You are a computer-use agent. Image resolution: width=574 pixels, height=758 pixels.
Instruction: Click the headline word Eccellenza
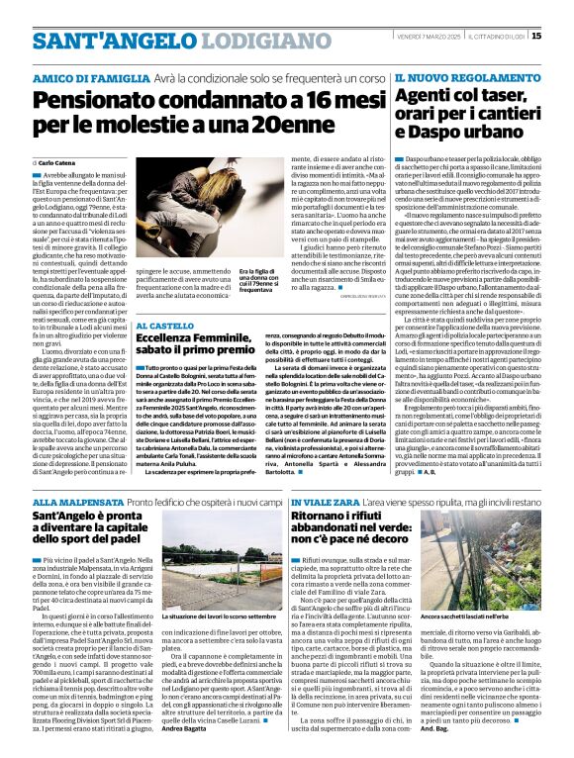click(x=169, y=338)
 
